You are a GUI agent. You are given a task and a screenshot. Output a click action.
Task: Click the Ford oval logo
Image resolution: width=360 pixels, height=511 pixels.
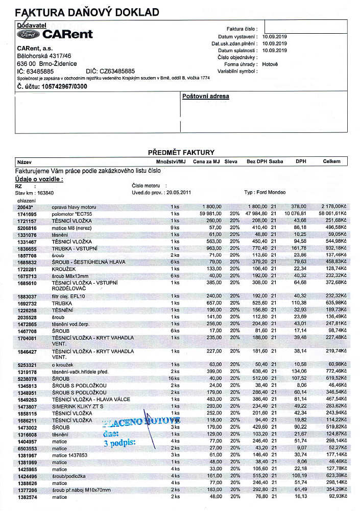(29, 35)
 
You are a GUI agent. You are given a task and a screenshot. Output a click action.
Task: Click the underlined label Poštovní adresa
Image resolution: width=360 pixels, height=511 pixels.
(206, 96)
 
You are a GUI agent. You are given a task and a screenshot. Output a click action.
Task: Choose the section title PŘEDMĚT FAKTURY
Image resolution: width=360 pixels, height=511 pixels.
(181, 152)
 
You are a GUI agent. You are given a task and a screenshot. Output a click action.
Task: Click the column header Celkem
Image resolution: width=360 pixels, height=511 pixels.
(331, 161)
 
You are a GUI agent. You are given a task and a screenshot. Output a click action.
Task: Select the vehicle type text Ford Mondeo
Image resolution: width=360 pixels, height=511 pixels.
(273, 193)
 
